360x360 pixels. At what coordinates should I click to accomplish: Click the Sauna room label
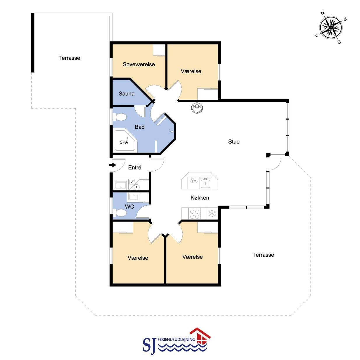[126, 93]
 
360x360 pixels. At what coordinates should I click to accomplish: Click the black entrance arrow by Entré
[113, 165]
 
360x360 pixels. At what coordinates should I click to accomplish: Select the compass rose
[331, 27]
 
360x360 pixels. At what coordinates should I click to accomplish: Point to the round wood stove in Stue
[197, 108]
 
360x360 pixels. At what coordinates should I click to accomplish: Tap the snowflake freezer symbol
[212, 214]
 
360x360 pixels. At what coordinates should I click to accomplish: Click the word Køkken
[200, 198]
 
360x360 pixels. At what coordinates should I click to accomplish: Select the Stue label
[233, 141]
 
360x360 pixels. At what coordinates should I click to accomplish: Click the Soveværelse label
[139, 64]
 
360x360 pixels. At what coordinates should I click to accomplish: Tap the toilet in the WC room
[120, 213]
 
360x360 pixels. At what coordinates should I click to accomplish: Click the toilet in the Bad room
[120, 117]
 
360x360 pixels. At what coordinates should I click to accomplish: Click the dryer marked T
[137, 187]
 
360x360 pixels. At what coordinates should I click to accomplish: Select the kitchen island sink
[205, 183]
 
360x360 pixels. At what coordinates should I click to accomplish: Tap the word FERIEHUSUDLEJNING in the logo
[176, 339]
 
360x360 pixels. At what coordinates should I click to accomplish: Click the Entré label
[135, 167]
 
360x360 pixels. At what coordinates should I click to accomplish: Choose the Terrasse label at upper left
[69, 58]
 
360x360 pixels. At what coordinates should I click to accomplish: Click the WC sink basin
[133, 197]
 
